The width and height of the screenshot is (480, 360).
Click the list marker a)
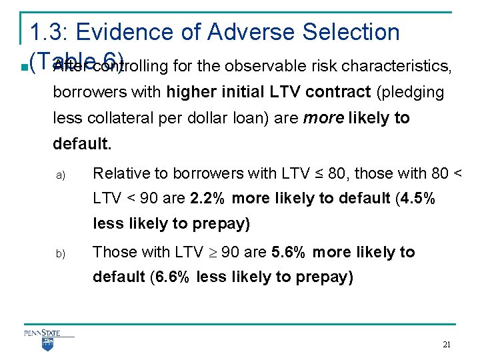(x=59, y=175)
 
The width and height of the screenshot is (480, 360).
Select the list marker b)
(x=59, y=254)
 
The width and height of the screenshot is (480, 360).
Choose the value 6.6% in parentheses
(x=175, y=277)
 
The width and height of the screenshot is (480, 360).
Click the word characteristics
(x=402, y=66)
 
